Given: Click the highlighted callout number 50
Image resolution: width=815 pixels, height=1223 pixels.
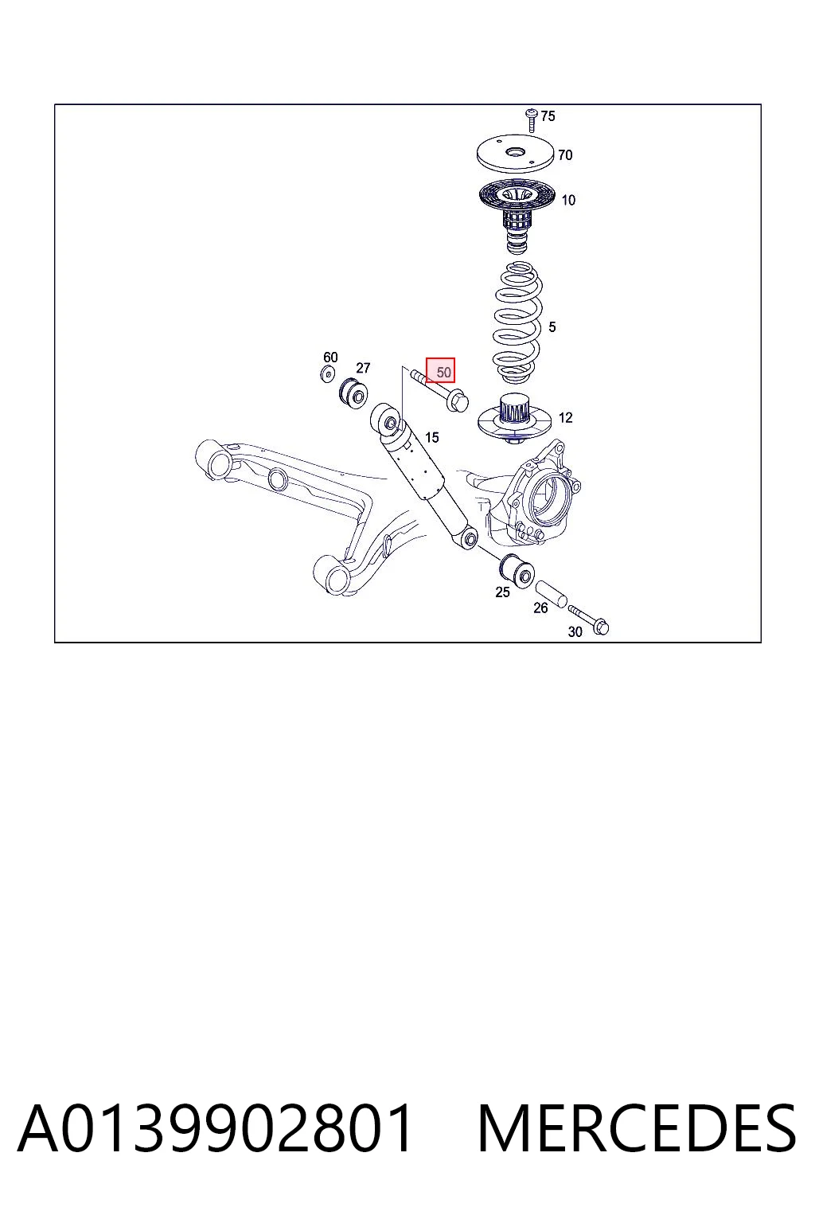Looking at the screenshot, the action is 443,373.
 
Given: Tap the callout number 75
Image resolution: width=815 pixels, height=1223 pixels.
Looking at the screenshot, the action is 548,115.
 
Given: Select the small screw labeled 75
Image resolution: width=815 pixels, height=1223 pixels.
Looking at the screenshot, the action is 531,120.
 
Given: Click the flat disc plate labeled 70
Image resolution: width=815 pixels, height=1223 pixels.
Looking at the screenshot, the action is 515,154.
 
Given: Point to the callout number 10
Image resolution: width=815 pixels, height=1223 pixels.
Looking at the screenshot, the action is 568,201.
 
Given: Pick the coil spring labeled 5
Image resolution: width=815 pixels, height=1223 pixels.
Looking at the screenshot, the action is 517,323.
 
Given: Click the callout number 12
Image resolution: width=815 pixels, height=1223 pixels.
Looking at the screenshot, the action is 566,418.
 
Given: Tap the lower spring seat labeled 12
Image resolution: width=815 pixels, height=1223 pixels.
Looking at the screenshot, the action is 513,420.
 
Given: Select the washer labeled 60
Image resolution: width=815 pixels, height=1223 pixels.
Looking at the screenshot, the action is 327,374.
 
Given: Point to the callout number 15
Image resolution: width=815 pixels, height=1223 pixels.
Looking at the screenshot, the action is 432,437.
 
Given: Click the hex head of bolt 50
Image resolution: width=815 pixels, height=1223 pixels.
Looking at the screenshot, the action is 457,402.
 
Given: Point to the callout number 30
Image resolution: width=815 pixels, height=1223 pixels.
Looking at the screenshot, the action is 575,631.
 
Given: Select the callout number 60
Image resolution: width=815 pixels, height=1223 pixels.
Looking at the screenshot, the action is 330,357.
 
